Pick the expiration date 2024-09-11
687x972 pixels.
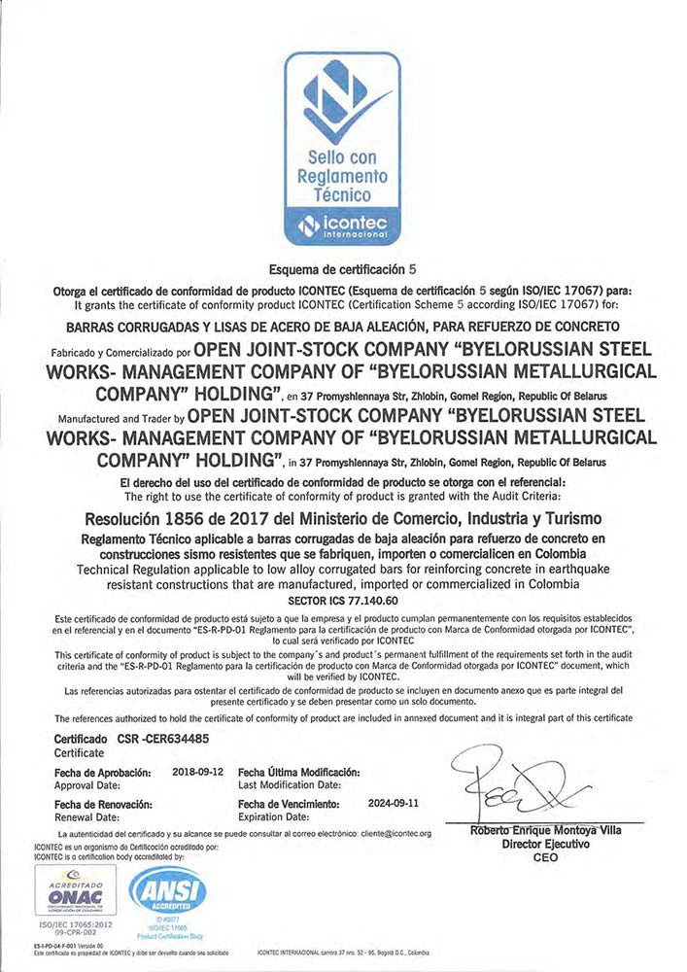pos(395,804)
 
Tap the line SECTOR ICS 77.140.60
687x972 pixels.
pos(344,600)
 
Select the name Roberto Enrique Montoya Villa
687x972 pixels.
pos(545,830)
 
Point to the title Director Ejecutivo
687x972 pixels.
pos(545,845)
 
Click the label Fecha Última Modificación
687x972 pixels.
pos(298,771)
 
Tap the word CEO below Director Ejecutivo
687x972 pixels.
pos(545,858)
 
